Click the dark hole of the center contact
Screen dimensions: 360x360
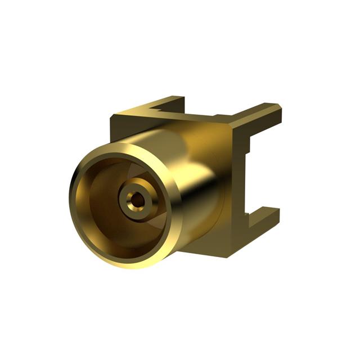(134, 199)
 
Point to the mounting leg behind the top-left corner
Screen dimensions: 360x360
(169, 103)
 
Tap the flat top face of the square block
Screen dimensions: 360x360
(186, 118)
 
